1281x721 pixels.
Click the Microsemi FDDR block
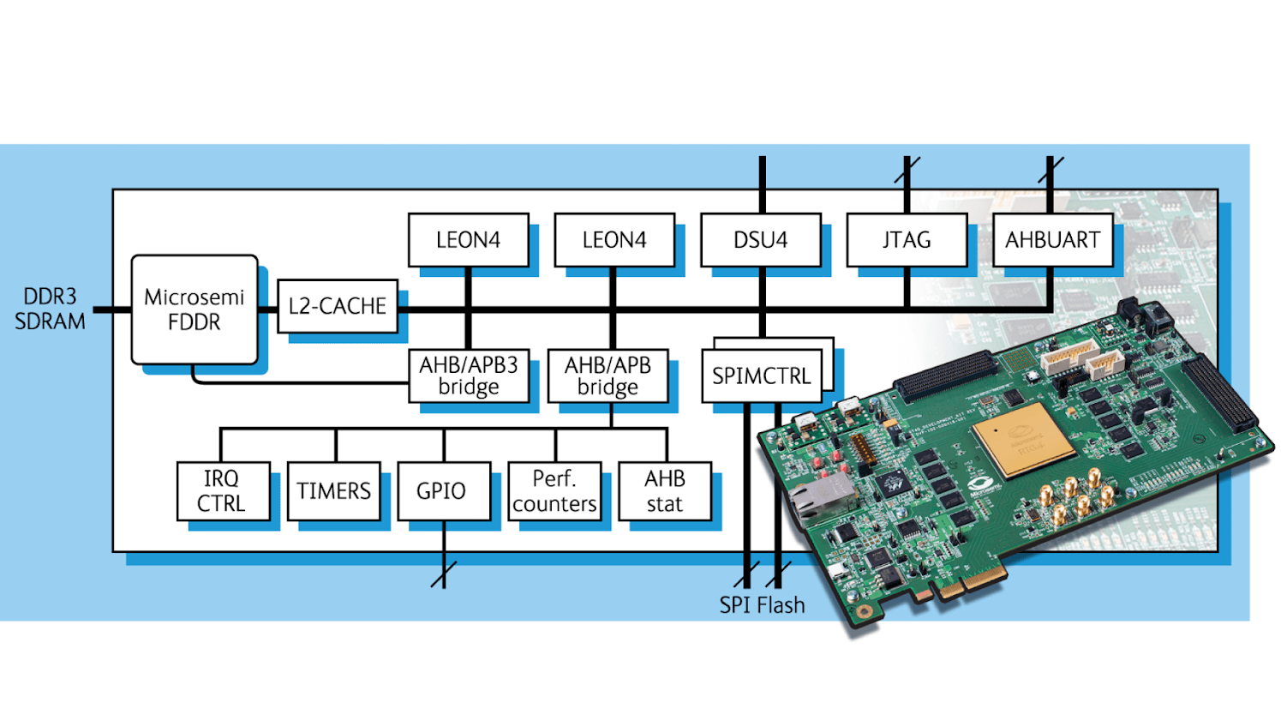[x=195, y=309]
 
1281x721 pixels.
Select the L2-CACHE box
[x=338, y=306]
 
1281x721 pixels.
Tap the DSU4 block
[x=761, y=240]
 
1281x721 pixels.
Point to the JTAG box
[x=907, y=240]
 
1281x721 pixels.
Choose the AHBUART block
[x=1052, y=240]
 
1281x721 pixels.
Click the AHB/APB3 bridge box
[x=469, y=376]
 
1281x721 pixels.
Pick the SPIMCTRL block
[x=761, y=376]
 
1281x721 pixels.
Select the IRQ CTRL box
[x=222, y=491]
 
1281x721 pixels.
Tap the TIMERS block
[x=333, y=491]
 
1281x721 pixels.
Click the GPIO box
[x=443, y=491]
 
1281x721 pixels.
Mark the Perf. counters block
[x=554, y=491]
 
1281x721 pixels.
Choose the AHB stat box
[x=665, y=491]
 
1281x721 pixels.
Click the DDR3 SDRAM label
[x=50, y=309]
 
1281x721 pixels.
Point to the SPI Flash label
[x=762, y=605]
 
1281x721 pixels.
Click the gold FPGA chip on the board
[x=1024, y=439]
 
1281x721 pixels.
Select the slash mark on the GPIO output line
[x=443, y=574]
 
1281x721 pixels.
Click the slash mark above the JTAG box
[x=907, y=170]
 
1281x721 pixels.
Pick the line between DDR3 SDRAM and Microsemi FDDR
[x=111, y=309]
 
